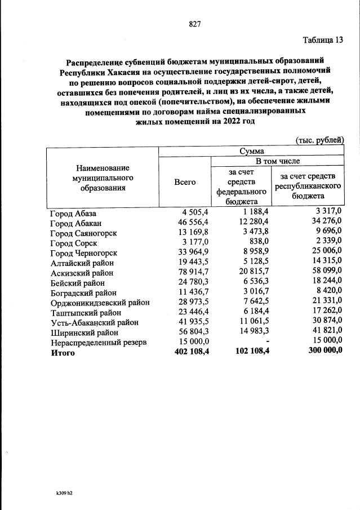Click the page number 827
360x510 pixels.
(x=195, y=24)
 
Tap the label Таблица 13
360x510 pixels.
(x=322, y=40)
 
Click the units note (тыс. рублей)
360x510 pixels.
(x=319, y=140)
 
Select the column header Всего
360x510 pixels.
(x=185, y=181)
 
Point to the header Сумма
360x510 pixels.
(x=251, y=151)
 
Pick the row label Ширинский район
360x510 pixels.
(x=85, y=332)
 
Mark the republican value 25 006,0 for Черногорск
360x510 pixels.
(x=325, y=253)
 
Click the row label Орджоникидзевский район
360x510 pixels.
(x=99, y=302)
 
